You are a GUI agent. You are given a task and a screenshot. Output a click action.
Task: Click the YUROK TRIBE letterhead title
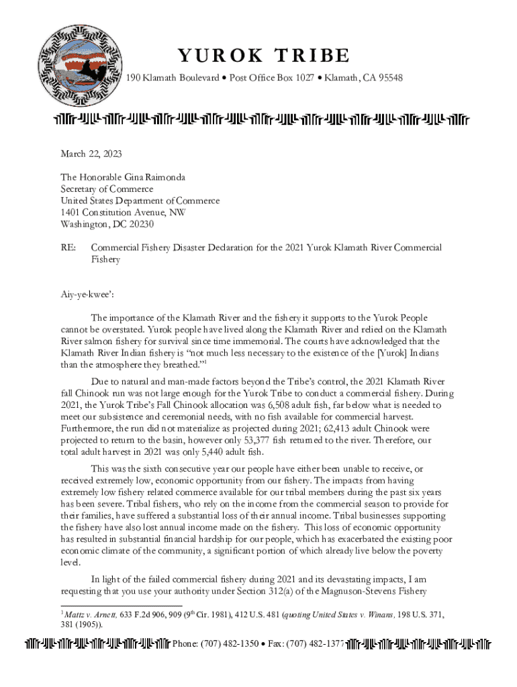point(263,55)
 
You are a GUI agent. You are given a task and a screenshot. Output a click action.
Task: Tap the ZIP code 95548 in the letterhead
point(389,78)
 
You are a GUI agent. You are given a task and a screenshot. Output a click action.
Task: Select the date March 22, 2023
point(91,154)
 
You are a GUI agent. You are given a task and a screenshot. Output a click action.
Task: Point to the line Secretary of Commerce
point(107,189)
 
